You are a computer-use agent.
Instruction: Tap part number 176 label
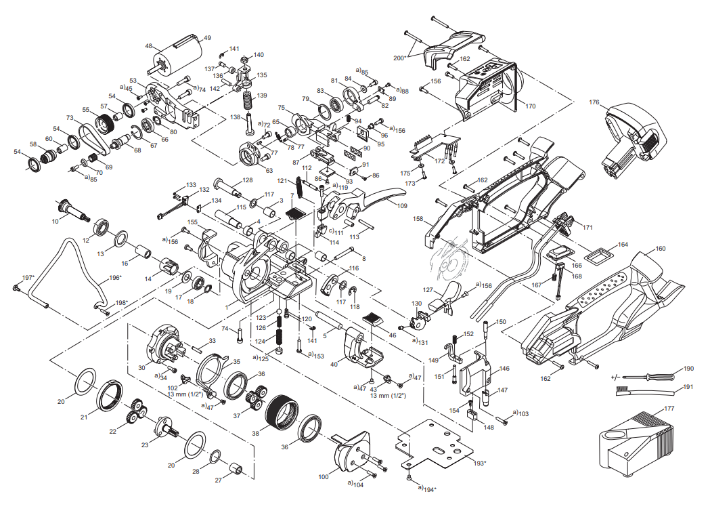594,103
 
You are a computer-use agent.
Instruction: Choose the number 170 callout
530,106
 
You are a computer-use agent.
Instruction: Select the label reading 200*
399,58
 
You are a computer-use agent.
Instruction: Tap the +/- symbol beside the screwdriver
616,375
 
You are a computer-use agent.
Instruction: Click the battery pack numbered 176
633,139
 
